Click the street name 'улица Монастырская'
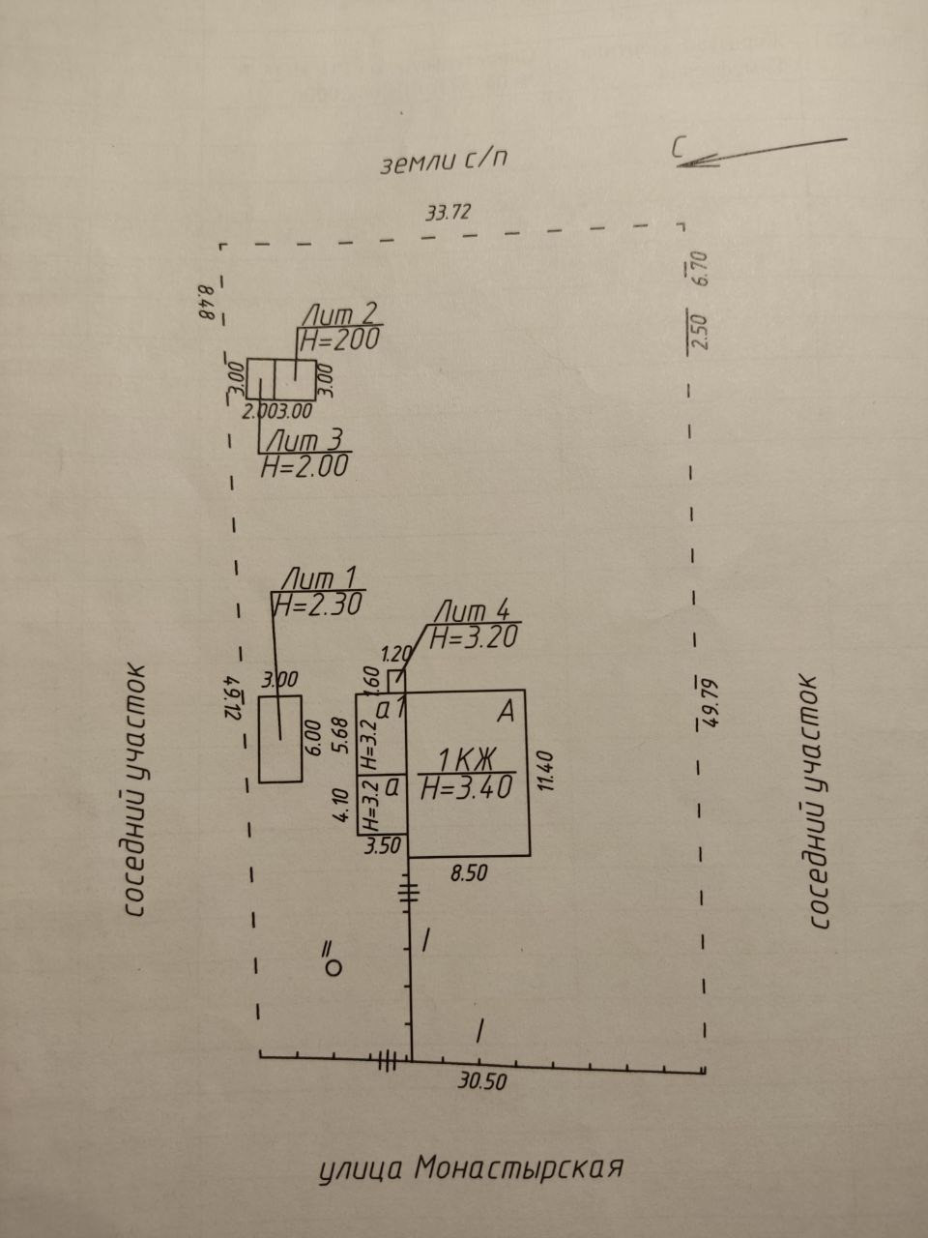coord(470,1169)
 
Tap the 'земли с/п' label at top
coord(444,162)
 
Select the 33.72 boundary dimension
coord(448,214)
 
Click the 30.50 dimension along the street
coord(482,1082)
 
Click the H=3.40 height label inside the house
coord(467,788)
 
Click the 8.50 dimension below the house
coord(470,872)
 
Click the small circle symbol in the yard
coord(333,965)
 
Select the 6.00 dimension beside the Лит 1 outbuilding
coord(312,736)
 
